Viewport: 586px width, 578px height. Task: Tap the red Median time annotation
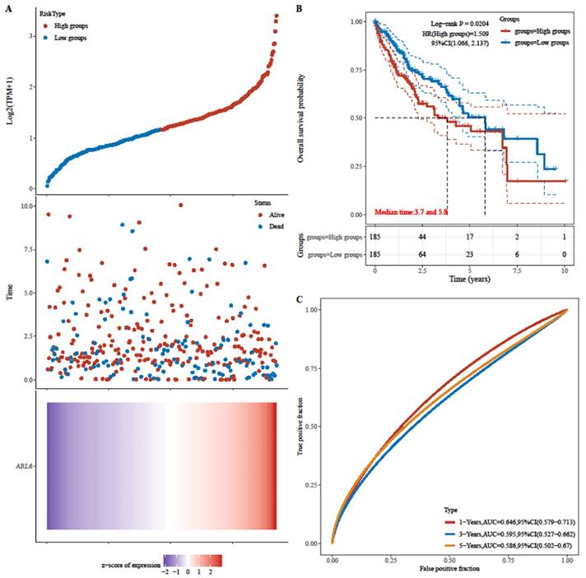point(413,211)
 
